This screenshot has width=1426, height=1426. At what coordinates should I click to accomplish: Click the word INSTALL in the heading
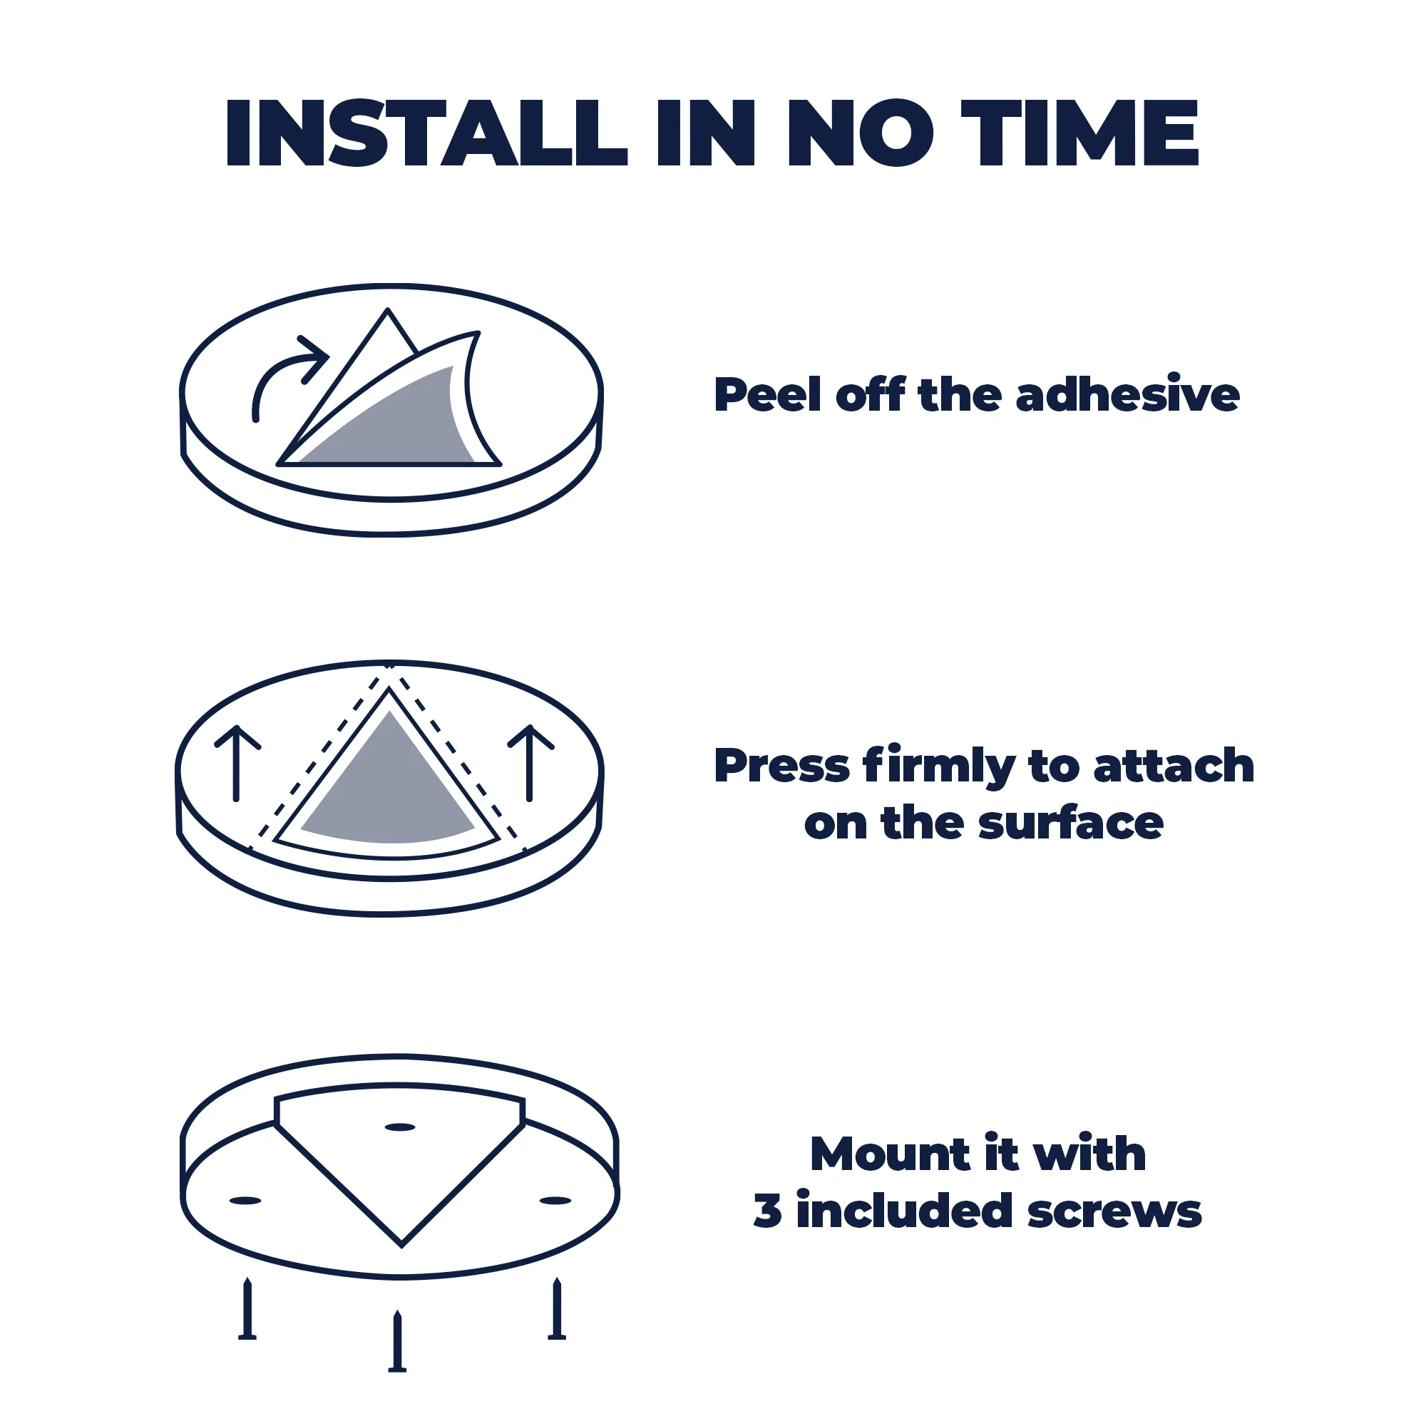pyautogui.click(x=426, y=133)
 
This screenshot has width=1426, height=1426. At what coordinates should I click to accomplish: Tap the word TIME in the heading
pyautogui.click(x=1079, y=133)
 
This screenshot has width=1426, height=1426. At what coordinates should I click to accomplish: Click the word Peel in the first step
pyautogui.click(x=768, y=394)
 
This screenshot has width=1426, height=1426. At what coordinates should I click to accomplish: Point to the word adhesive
pyautogui.click(x=1127, y=394)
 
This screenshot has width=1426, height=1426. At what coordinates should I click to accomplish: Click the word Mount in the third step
pyautogui.click(x=890, y=1154)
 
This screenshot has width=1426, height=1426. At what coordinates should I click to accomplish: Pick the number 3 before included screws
pyautogui.click(x=768, y=1212)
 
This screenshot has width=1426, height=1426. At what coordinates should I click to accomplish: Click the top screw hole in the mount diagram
pyautogui.click(x=400, y=1127)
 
